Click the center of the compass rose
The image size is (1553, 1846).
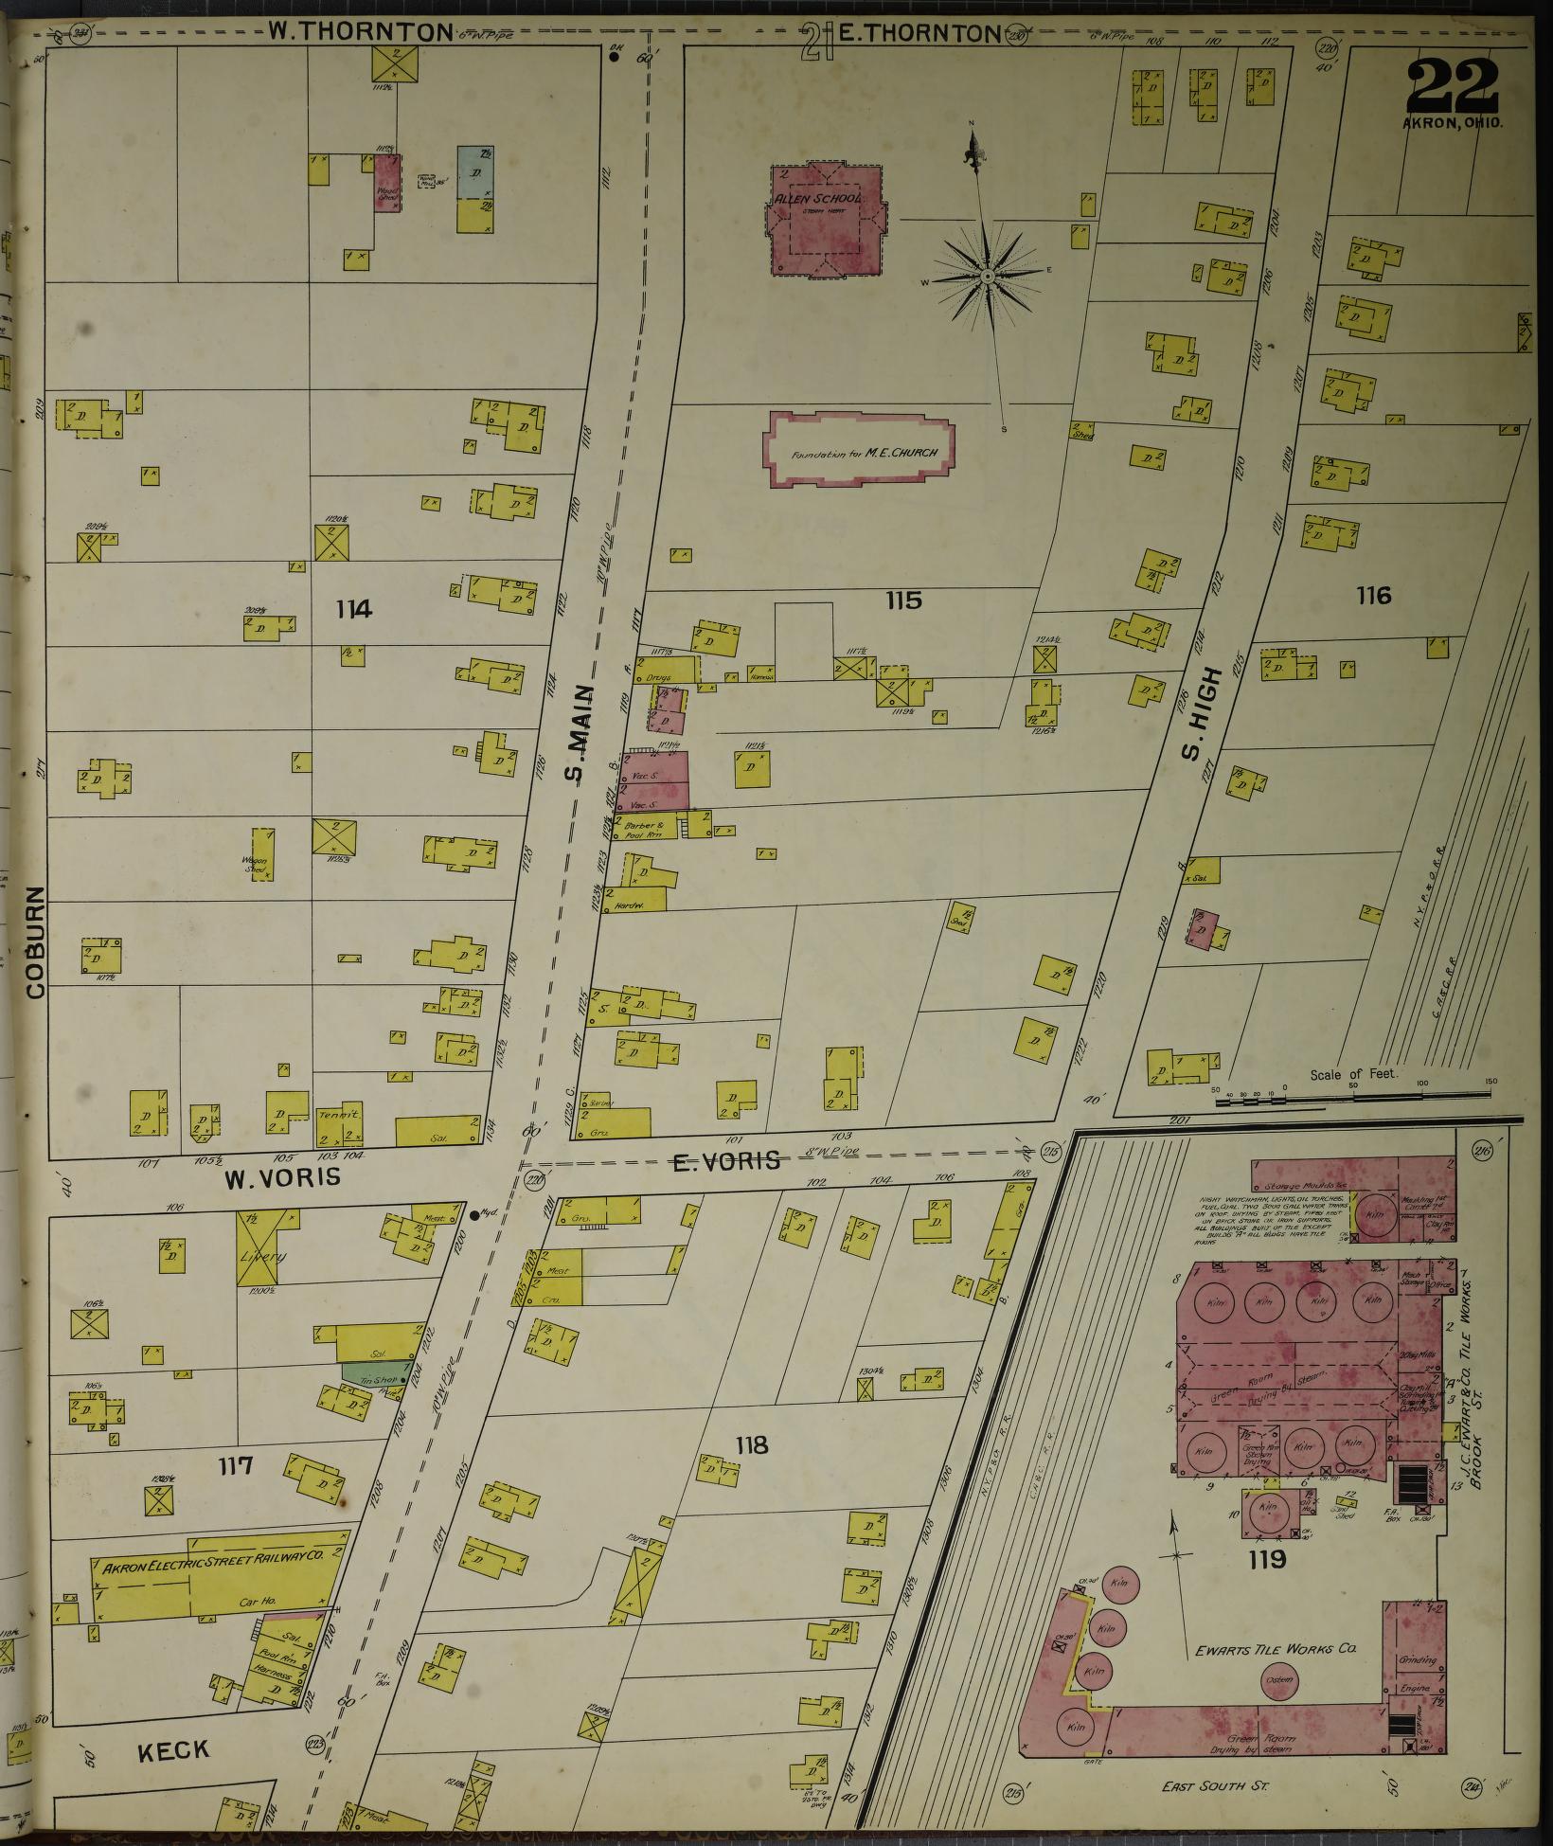(x=987, y=277)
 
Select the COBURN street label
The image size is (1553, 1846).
(x=36, y=941)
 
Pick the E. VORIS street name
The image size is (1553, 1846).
(x=726, y=1160)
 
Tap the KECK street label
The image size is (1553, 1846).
(x=173, y=1750)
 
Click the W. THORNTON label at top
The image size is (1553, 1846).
(x=360, y=32)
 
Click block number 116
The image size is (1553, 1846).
(x=1373, y=595)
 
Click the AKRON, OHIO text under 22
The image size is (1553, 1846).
(x=1452, y=123)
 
